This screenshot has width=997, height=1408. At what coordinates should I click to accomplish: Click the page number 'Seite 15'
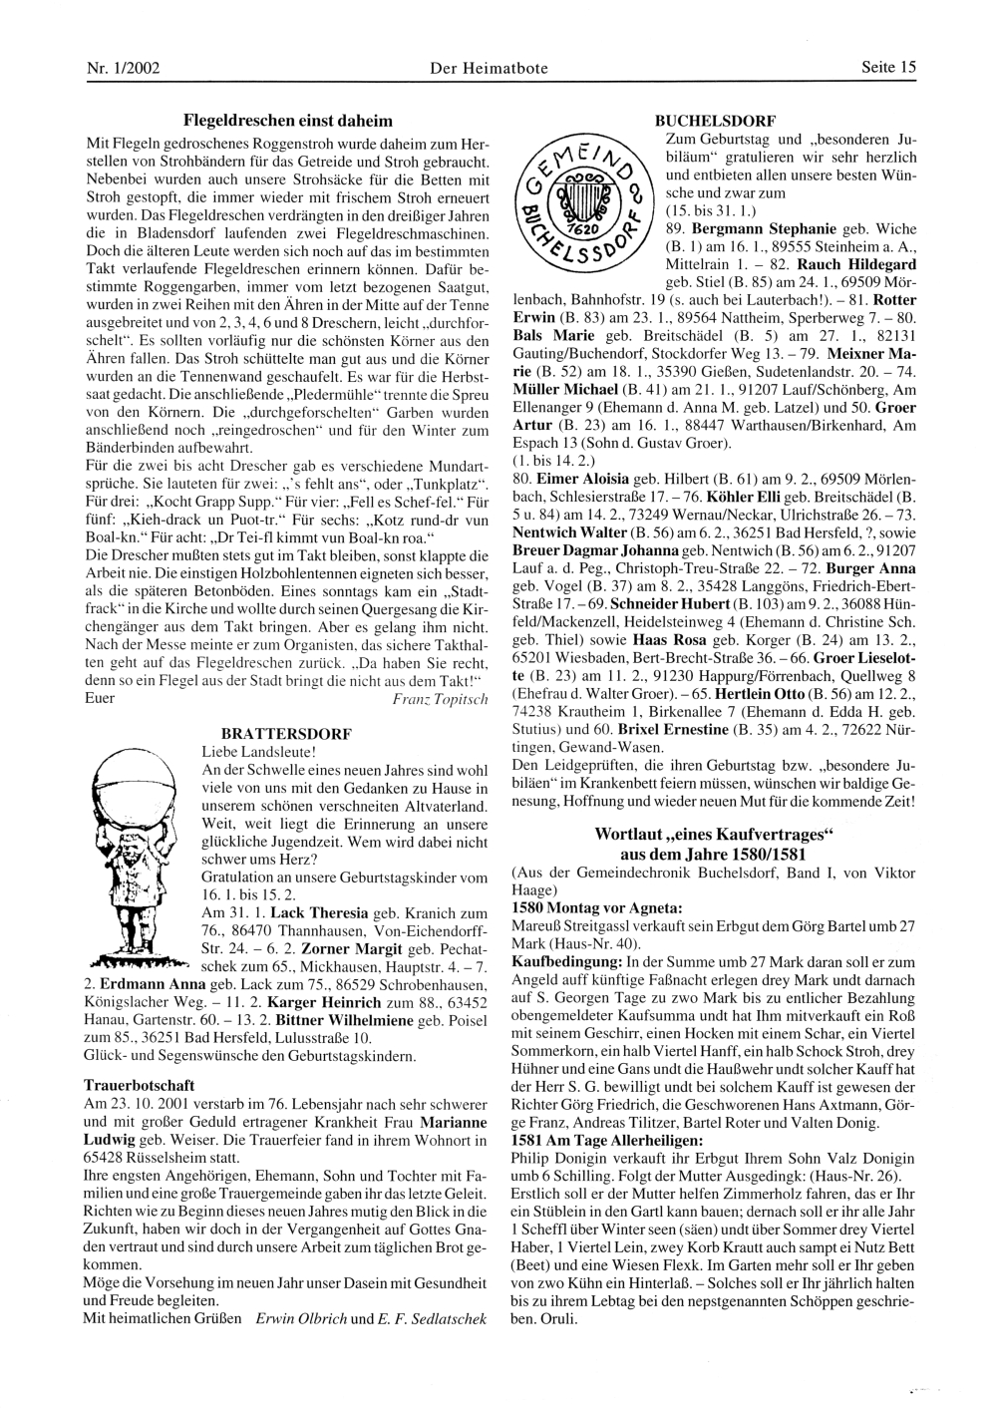[x=888, y=68]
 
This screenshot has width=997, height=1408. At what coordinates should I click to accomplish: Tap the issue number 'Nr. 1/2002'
[x=123, y=68]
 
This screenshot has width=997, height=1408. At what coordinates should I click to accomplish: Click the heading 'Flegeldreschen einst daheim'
[x=287, y=121]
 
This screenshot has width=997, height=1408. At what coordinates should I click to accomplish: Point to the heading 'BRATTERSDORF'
[x=286, y=732]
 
